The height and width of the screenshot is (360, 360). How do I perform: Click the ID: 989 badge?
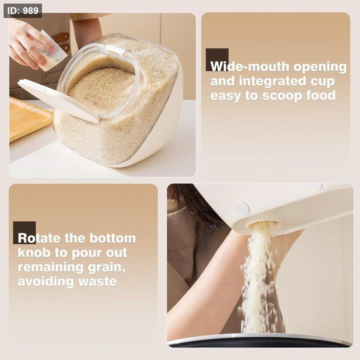pos(23,11)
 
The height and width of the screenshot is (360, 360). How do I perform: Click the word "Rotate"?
pos(40,238)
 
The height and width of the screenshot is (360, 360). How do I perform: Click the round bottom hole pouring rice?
pos(264,225)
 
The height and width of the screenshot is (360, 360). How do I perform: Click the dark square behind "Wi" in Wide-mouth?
pos(217,60)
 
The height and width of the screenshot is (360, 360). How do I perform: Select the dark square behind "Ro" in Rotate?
pos(24,232)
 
